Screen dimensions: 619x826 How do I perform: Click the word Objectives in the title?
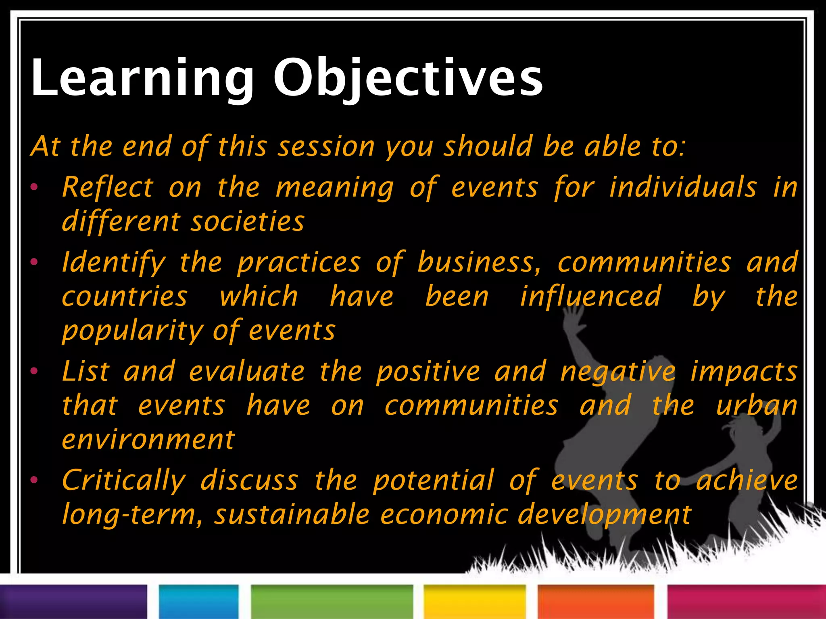tap(408, 77)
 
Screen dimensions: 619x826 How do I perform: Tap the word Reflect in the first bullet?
tap(108, 187)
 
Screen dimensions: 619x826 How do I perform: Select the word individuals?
tap(682, 187)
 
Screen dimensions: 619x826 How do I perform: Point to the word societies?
tap(247, 222)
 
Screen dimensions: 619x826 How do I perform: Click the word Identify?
tap(114, 262)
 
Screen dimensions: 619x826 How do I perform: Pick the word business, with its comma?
tap(479, 262)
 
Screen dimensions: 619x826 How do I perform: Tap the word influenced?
tap(590, 297)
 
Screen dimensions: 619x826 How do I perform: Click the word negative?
tap(618, 371)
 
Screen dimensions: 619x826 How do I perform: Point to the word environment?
tap(148, 440)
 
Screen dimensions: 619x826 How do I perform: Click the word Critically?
tap(123, 480)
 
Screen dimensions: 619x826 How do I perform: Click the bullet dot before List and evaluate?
tap(34, 371)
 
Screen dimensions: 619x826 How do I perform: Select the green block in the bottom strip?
tap(332, 602)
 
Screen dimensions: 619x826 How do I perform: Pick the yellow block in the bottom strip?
tap(474, 602)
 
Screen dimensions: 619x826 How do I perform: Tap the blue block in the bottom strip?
tap(199, 602)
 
